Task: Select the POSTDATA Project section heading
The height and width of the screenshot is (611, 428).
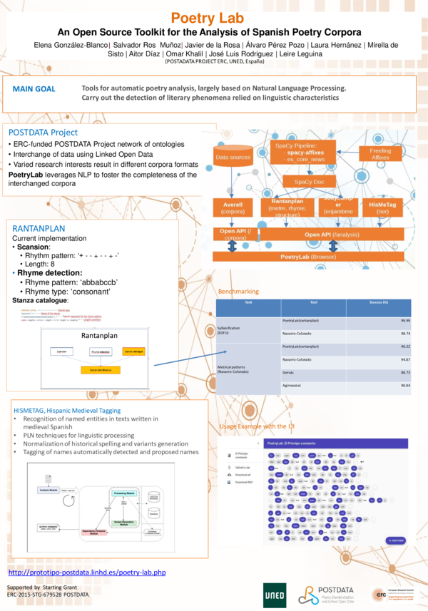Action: point(43,133)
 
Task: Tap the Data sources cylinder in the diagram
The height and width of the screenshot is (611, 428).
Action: point(233,157)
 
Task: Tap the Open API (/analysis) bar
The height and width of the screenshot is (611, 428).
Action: point(332,233)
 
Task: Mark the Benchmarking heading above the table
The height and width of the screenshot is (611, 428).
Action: point(239,291)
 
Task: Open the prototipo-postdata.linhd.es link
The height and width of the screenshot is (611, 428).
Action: point(86,573)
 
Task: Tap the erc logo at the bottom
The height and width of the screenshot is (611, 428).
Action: point(381,594)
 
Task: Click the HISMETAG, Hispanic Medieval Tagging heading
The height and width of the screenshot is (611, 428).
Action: point(67,411)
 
